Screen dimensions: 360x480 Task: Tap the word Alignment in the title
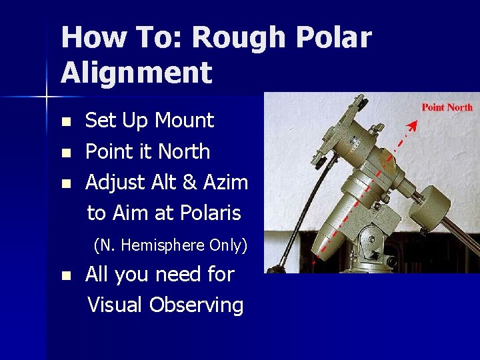point(136,72)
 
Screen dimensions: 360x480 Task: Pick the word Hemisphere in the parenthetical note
point(167,245)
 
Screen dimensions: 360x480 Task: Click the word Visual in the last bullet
point(115,305)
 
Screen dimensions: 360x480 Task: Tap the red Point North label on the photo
point(447,107)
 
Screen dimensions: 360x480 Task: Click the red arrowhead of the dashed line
point(413,125)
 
